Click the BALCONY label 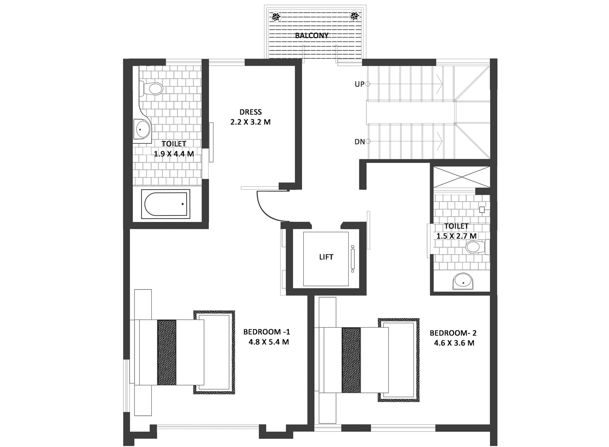[x=311, y=35]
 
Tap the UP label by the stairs [x=359, y=85]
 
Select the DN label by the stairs [x=359, y=142]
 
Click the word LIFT [x=326, y=257]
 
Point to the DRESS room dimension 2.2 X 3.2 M [x=251, y=122]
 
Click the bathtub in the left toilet [x=166, y=204]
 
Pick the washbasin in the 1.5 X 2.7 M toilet [x=463, y=282]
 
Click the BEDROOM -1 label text [x=266, y=332]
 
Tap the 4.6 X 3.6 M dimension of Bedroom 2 [x=454, y=343]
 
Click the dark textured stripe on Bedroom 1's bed [x=166, y=352]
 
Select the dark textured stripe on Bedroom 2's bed [x=351, y=360]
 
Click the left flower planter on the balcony [x=276, y=17]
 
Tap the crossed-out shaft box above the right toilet [x=462, y=177]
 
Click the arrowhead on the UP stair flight [x=439, y=84]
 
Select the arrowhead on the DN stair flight [x=439, y=141]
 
